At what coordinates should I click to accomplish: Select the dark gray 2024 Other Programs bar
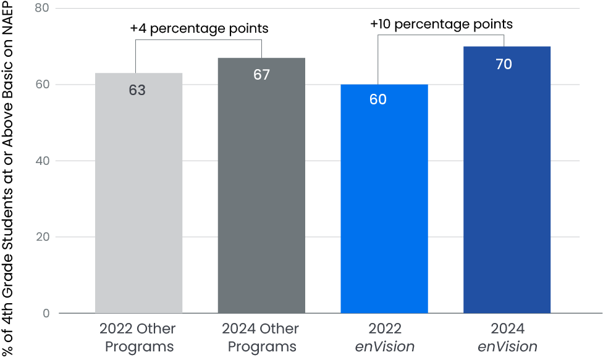tap(261, 198)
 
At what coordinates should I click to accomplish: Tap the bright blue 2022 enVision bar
tap(384, 204)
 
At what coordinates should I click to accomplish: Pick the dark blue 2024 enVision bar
tap(507, 185)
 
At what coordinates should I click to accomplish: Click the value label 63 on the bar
tap(137, 90)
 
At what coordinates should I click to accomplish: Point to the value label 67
tap(261, 75)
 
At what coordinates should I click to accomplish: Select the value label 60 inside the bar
tap(378, 99)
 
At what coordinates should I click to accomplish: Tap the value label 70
tap(504, 64)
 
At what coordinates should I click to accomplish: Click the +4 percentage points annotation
tap(199, 28)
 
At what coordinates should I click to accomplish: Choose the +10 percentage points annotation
tap(441, 24)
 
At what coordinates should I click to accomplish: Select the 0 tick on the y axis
tap(47, 314)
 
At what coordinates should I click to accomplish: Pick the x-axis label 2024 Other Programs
tap(261, 337)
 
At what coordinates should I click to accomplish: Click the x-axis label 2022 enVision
tap(384, 337)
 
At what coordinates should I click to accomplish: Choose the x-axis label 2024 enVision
tap(507, 337)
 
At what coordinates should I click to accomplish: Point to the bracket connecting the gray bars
tap(198, 40)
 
